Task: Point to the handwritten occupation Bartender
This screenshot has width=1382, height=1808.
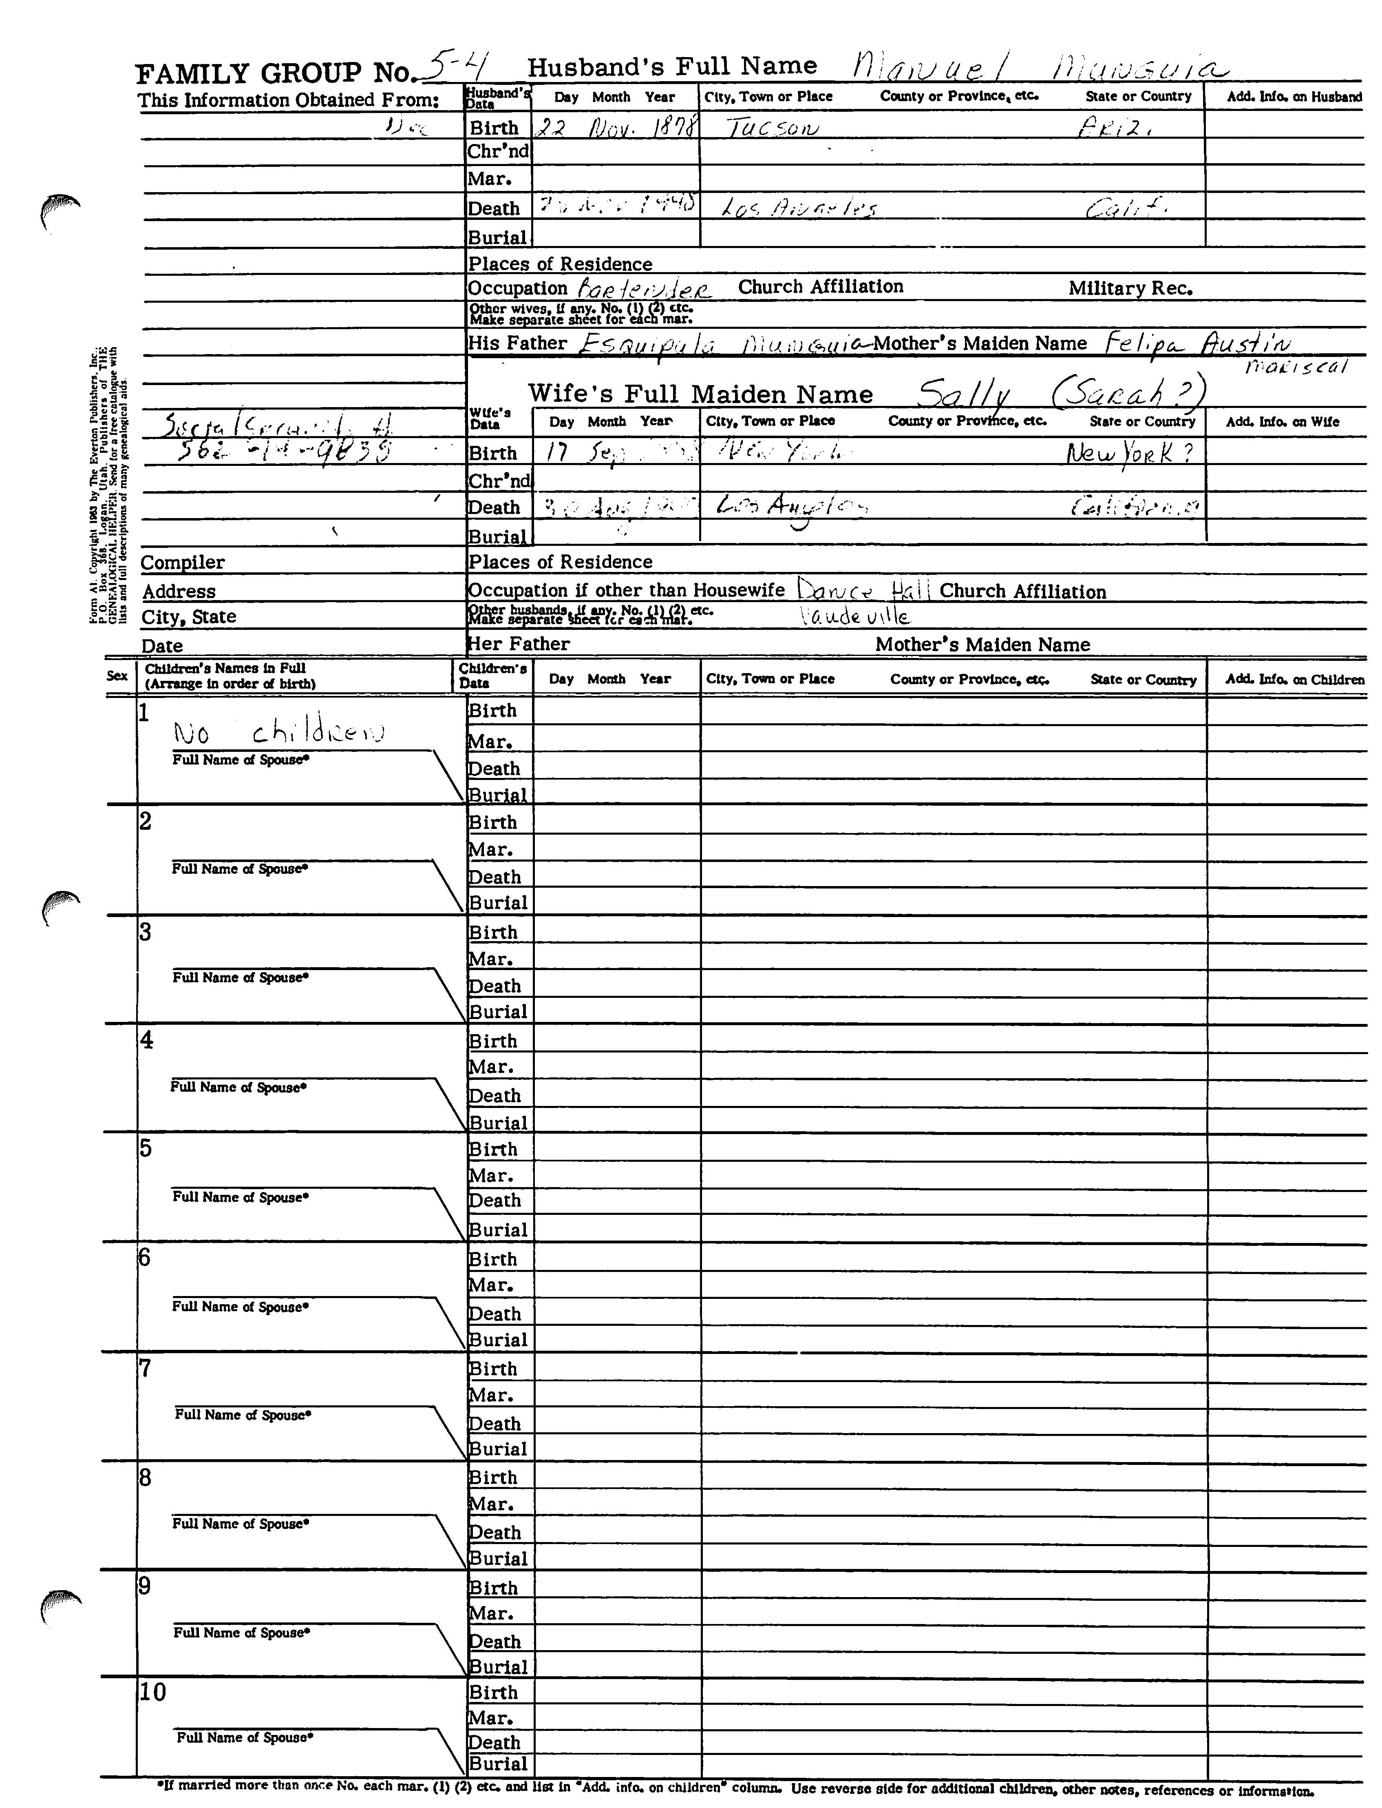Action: (x=644, y=289)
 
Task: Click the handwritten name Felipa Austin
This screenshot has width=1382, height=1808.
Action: (x=1198, y=343)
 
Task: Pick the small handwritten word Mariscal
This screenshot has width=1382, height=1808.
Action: (x=1296, y=367)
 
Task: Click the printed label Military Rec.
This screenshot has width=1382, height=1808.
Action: (x=1130, y=288)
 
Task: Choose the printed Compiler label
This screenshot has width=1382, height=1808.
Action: (x=183, y=563)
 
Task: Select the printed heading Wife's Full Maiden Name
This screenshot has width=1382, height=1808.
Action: (x=700, y=394)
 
